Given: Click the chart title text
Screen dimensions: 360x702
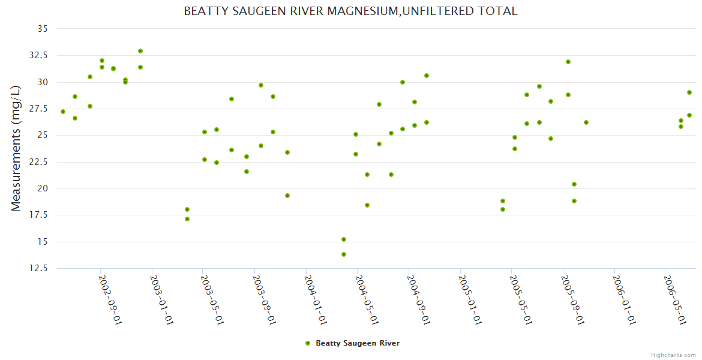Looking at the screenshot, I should (350, 11).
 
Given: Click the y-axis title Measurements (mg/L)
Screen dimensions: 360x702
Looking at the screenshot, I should (16, 148).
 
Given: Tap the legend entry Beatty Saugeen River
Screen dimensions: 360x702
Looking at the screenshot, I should (357, 343).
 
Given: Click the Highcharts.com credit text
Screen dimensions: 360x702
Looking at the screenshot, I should (673, 355).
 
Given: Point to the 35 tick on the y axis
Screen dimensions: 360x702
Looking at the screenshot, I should (43, 28).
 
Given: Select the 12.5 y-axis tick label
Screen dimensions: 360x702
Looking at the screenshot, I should (39, 268).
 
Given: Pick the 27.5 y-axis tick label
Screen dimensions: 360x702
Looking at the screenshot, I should (39, 109).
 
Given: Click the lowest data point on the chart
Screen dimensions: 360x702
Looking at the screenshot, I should (344, 254).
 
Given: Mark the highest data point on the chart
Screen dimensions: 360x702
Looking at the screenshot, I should (140, 51).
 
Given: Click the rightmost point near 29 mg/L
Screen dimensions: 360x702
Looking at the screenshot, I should (689, 92).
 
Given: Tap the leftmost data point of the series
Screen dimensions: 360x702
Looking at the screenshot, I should (63, 112).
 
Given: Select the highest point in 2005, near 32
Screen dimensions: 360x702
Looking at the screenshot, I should (568, 62).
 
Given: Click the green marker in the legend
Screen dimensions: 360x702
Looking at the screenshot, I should (308, 343).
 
